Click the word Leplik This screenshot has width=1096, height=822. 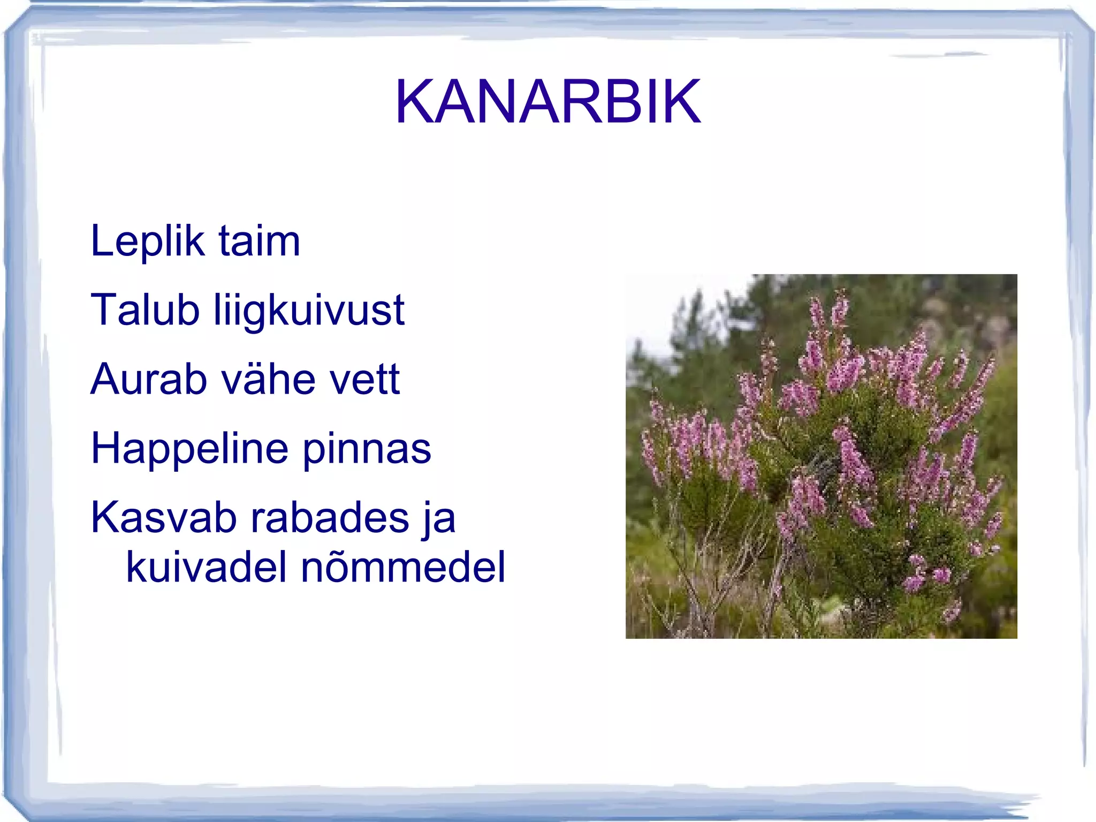click(x=148, y=242)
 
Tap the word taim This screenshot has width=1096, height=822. click(x=259, y=242)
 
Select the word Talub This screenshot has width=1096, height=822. click(x=145, y=310)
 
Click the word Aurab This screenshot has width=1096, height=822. click(x=148, y=379)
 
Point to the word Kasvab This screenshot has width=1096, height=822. click(x=164, y=518)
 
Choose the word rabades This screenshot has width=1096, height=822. click(x=330, y=518)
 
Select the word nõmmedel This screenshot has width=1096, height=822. click(x=402, y=567)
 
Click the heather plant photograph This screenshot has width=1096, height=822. click(x=821, y=456)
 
